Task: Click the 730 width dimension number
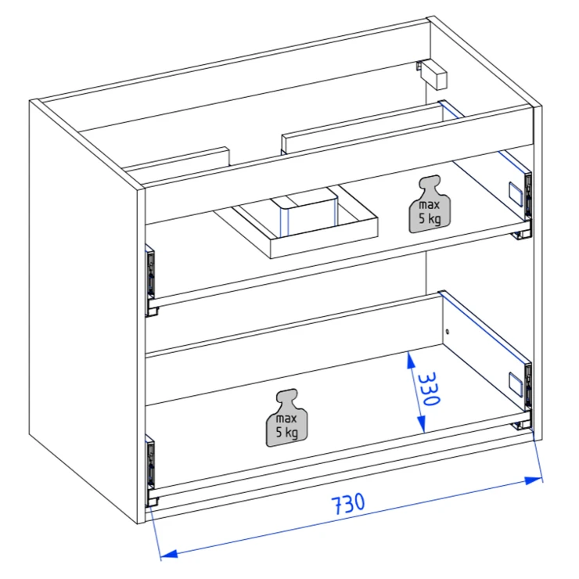click(348, 503)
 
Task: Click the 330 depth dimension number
click(429, 388)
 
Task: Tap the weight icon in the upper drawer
click(430, 204)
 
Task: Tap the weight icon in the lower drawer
click(287, 418)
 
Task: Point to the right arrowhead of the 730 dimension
click(534, 480)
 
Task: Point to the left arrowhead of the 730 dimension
click(169, 553)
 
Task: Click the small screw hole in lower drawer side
click(448, 332)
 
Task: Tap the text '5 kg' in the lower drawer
click(287, 432)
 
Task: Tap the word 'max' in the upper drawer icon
click(430, 205)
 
